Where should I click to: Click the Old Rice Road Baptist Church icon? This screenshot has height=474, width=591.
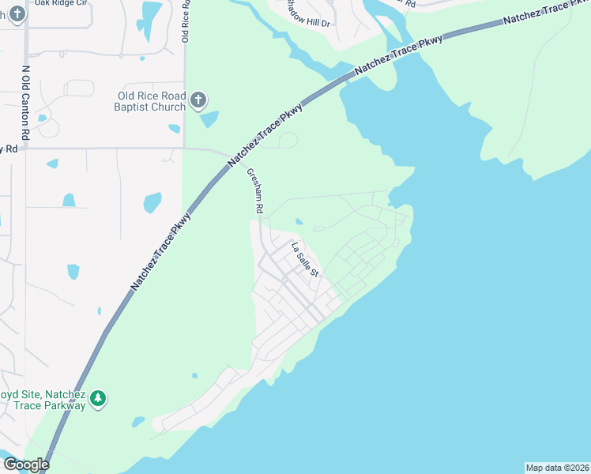198,100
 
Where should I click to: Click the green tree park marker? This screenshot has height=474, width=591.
98,399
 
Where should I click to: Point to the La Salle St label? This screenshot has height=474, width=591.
304,260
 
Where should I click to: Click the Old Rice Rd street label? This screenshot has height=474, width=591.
186,20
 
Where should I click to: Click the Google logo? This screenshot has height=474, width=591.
26,465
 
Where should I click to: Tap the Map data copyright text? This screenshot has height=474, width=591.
556,468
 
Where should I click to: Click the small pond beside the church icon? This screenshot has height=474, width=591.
209,119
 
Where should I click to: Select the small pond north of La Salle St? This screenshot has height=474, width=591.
299,222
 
